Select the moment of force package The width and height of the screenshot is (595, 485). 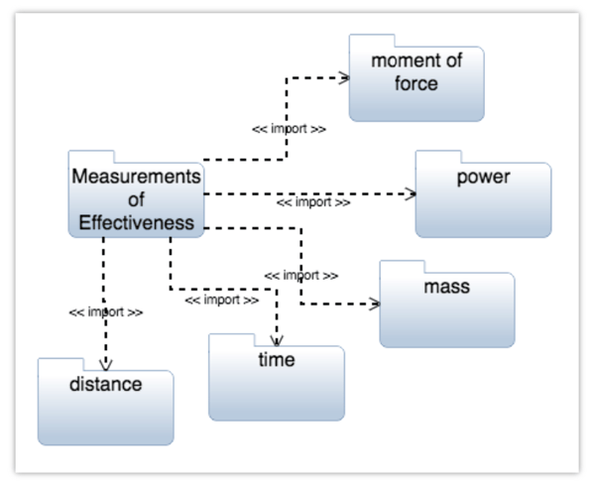tap(416, 79)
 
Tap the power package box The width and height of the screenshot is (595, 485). tap(483, 198)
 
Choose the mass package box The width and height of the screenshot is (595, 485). tap(446, 308)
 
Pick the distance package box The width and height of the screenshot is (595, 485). tap(105, 405)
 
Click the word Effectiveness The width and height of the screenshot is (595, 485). tap(135, 222)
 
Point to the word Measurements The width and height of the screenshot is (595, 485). tap(135, 177)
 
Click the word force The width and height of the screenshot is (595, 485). tap(416, 84)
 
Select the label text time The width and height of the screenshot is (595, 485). tap(276, 360)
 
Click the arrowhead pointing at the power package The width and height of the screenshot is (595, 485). tap(410, 193)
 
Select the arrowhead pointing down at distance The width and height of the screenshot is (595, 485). tap(105, 363)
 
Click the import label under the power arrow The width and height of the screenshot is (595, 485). tap(312, 202)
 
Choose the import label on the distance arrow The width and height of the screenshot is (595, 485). tap(105, 311)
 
